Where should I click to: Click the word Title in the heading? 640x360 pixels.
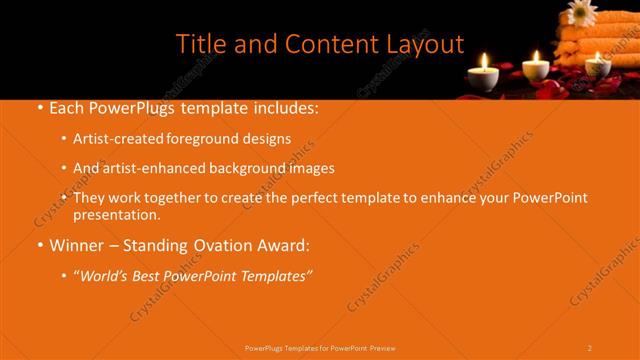(x=200, y=44)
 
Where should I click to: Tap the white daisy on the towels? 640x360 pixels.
(x=581, y=12)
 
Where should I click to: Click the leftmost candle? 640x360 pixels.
(x=483, y=75)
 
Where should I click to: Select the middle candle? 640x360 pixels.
(x=536, y=67)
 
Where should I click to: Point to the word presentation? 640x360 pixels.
(x=116, y=215)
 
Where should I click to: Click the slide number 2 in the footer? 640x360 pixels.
(x=589, y=348)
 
